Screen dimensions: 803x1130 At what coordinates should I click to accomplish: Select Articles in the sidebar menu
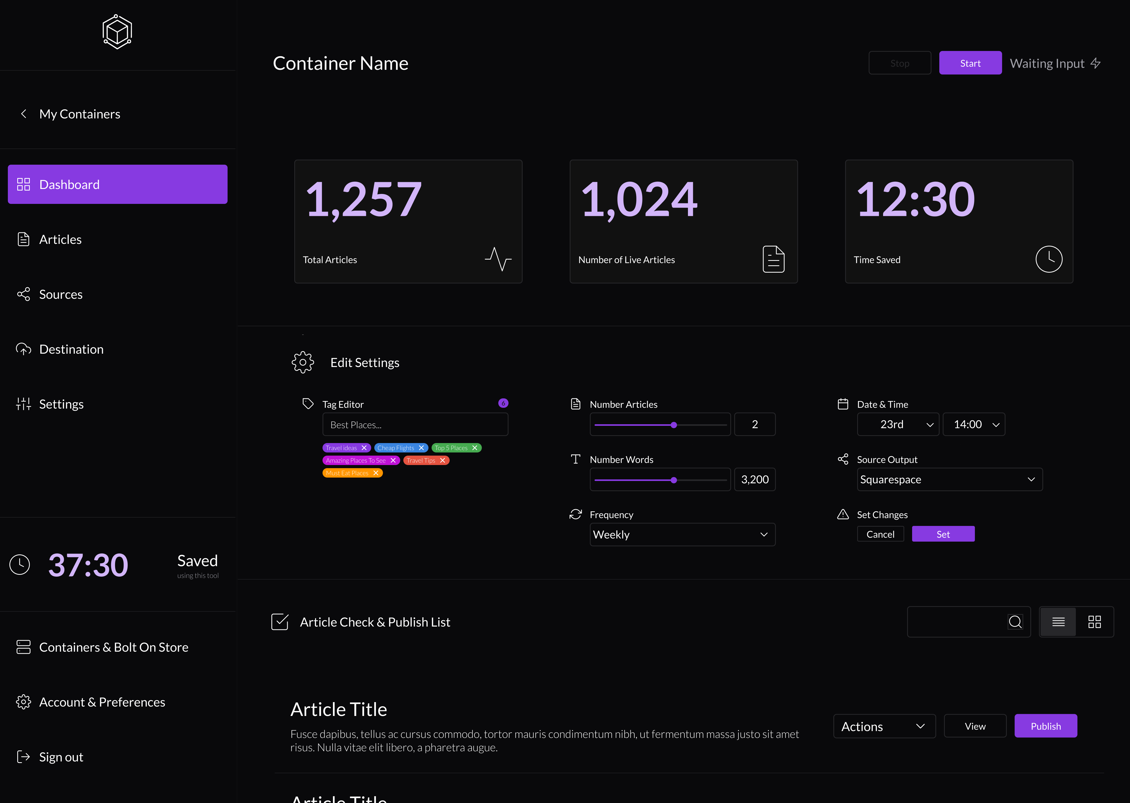point(60,240)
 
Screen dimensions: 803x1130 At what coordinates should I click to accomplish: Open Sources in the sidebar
point(60,295)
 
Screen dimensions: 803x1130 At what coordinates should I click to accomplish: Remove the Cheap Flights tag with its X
point(421,448)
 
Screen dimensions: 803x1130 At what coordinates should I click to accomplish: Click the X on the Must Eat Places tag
point(376,473)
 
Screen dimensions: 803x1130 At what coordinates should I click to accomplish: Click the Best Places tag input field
point(415,425)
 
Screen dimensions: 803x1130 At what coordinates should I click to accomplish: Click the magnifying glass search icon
point(1015,622)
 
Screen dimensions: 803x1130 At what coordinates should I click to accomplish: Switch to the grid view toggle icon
point(1094,622)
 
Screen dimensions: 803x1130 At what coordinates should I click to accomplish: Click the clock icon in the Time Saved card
point(1048,259)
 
